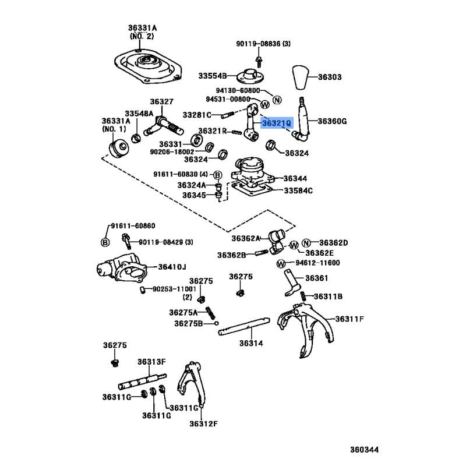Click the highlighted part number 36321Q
coord(276,123)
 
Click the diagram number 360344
coord(363,450)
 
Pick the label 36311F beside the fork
coord(349,319)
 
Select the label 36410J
coord(172,267)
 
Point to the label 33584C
coord(298,190)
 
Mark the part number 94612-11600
coord(317,263)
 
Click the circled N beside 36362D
coord(307,243)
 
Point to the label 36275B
coord(188,323)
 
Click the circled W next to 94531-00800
coord(265,105)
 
